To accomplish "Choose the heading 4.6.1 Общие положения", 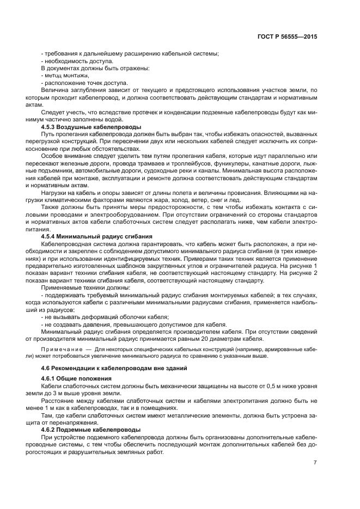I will pos(75,378).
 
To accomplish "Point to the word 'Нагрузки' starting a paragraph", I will pos(55,193).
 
